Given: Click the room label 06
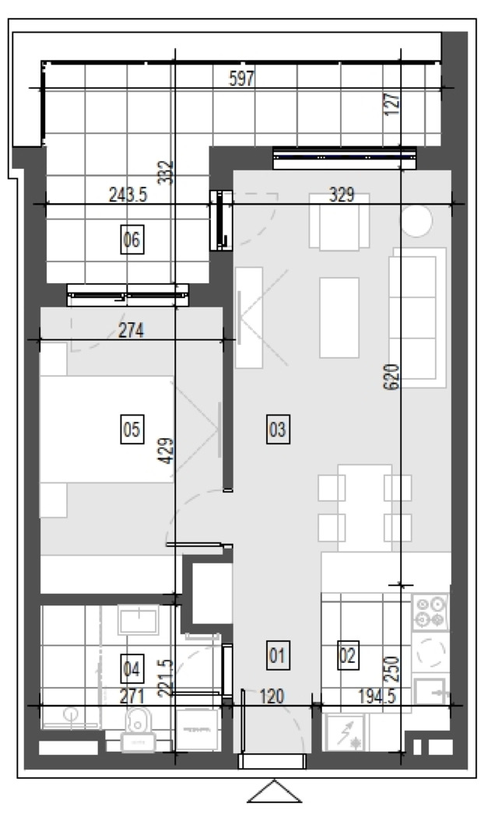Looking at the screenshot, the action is [x=132, y=240].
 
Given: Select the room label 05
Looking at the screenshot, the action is [x=132, y=429].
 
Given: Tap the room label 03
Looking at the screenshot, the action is [x=277, y=429].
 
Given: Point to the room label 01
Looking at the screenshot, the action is [x=277, y=655].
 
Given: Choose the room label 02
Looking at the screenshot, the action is [x=348, y=655].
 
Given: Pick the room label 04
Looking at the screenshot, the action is [x=132, y=669].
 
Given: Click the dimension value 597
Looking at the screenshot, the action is [x=242, y=79].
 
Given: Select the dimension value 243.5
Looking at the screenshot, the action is [x=128, y=195].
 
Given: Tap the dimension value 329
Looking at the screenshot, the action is [x=342, y=195].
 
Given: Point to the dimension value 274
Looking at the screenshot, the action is [x=131, y=331].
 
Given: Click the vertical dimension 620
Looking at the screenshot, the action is [x=392, y=377].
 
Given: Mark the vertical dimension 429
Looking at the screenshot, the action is [x=166, y=451].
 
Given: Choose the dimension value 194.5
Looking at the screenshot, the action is [x=377, y=697].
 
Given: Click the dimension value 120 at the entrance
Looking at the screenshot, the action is [x=272, y=697].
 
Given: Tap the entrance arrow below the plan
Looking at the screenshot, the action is [x=274, y=792].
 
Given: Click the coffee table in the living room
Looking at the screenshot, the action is [x=339, y=317].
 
